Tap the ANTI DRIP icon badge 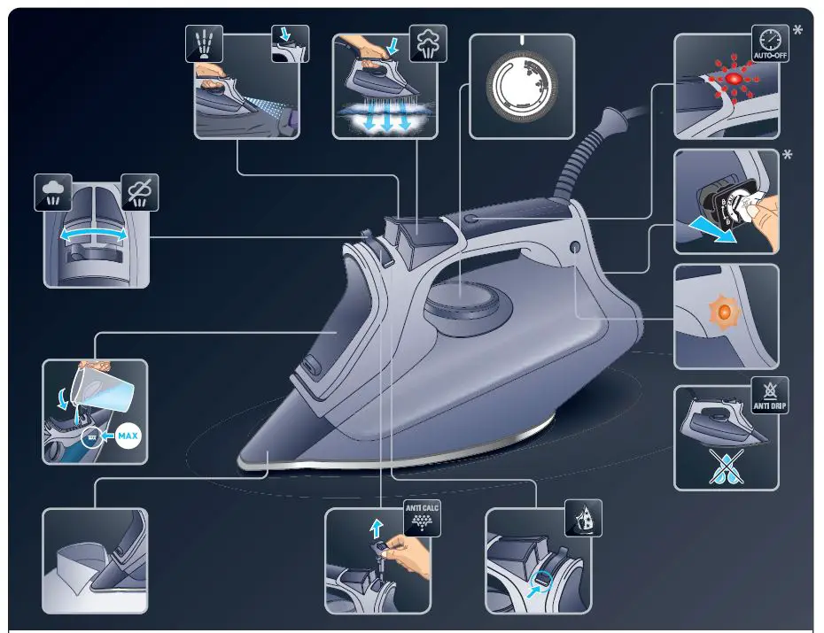770,395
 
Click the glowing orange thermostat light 723,313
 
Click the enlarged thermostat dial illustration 522,87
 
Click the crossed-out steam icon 139,193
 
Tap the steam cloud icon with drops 52,193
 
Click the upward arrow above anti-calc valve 375,529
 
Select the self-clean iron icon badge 583,518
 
